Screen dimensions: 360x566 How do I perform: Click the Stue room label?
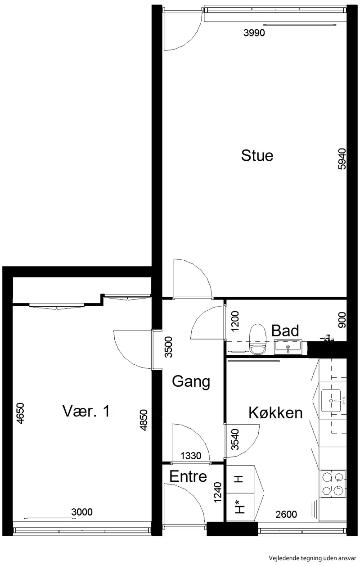pyautogui.click(x=257, y=156)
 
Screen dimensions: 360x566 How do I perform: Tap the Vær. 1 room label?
pyautogui.click(x=86, y=411)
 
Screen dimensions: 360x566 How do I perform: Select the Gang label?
pyautogui.click(x=191, y=381)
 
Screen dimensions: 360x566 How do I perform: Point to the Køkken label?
pyautogui.click(x=275, y=413)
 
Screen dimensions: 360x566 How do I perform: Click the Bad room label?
pyautogui.click(x=285, y=331)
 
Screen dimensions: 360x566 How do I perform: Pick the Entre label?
pyautogui.click(x=188, y=476)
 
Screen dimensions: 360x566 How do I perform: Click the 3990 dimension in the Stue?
pyautogui.click(x=254, y=32)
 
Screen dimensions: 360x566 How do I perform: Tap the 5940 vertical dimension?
pyautogui.click(x=342, y=158)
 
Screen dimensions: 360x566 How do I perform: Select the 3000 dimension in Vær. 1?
pyautogui.click(x=82, y=512)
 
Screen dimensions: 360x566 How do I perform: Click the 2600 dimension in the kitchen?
pyautogui.click(x=286, y=514)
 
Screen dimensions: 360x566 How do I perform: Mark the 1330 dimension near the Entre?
pyautogui.click(x=191, y=456)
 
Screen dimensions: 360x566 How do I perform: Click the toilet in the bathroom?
pyautogui.click(x=257, y=338)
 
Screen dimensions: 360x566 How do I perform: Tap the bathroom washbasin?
pyautogui.click(x=288, y=347)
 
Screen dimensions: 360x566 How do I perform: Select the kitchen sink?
pyautogui.click(x=331, y=400)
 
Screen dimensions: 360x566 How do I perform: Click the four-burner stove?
pyautogui.click(x=333, y=483)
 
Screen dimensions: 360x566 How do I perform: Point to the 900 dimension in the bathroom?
pyautogui.click(x=342, y=320)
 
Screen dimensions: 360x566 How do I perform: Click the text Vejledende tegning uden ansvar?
pyautogui.click(x=313, y=558)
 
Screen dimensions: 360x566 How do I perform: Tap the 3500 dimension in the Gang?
pyautogui.click(x=168, y=347)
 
